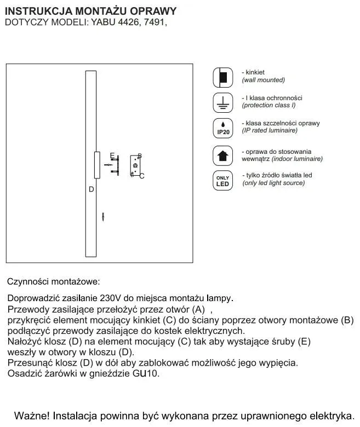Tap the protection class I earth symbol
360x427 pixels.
coord(222,102)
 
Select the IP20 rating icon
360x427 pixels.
coord(222,128)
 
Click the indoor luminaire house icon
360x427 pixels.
coord(222,155)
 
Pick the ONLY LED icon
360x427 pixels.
coord(222,181)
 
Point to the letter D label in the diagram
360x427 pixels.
coord(92,189)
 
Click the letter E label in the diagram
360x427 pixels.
coord(112,155)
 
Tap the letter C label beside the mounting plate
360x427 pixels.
coord(141,176)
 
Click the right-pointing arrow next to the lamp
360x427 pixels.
coord(109,164)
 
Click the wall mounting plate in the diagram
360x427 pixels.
coord(135,165)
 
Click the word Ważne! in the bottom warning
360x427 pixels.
coord(32,414)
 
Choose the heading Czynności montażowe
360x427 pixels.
coord(54,282)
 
